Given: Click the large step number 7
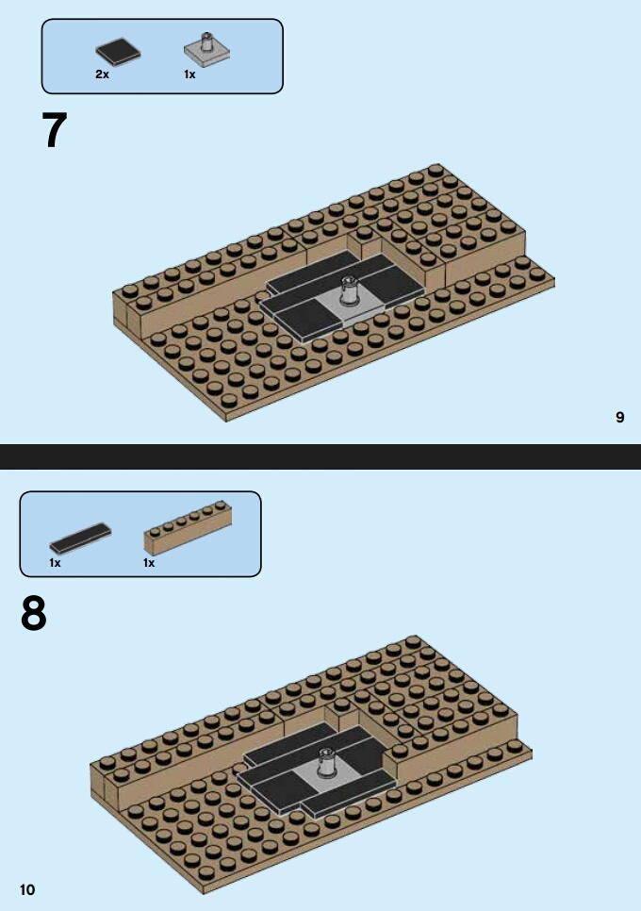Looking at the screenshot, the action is (55, 130).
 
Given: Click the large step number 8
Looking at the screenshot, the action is (34, 614).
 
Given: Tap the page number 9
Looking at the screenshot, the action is (620, 417).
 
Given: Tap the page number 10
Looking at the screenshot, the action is (27, 889).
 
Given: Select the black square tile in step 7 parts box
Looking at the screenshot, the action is (118, 51).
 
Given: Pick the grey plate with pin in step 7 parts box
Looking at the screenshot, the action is (206, 50).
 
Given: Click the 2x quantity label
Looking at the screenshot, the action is (102, 75).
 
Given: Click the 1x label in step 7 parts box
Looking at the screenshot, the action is (189, 75).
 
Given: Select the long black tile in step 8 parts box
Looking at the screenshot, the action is (80, 538).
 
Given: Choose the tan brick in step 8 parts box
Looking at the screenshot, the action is (188, 527).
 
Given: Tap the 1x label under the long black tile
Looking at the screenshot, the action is (56, 562).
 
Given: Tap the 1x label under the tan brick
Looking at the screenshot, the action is (149, 562).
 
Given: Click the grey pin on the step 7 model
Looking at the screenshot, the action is (350, 290).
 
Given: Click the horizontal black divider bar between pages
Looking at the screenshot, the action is (320, 456).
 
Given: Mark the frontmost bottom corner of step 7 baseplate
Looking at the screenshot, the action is (226, 421).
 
